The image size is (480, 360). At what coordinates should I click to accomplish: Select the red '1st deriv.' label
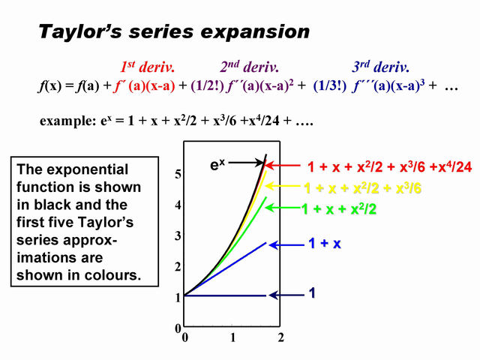pyautogui.click(x=148, y=67)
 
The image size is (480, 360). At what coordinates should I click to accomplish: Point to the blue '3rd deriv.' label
pyautogui.click(x=380, y=67)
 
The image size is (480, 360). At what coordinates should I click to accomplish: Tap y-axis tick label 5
pyautogui.click(x=178, y=174)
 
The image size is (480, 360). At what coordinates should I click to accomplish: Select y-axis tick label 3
pyautogui.click(x=178, y=236)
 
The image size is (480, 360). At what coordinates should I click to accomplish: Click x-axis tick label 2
pyautogui.click(x=280, y=338)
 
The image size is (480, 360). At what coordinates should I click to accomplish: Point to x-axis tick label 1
pyautogui.click(x=232, y=338)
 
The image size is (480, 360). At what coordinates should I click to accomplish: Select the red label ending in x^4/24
pyautogui.click(x=390, y=166)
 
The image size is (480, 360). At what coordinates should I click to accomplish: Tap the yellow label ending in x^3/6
pyautogui.click(x=362, y=188)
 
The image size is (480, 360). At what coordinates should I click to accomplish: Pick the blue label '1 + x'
pyautogui.click(x=325, y=244)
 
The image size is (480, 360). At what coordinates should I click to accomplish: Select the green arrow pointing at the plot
pyautogui.click(x=283, y=208)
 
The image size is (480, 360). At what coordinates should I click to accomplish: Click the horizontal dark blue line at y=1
pyautogui.click(x=225, y=295)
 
